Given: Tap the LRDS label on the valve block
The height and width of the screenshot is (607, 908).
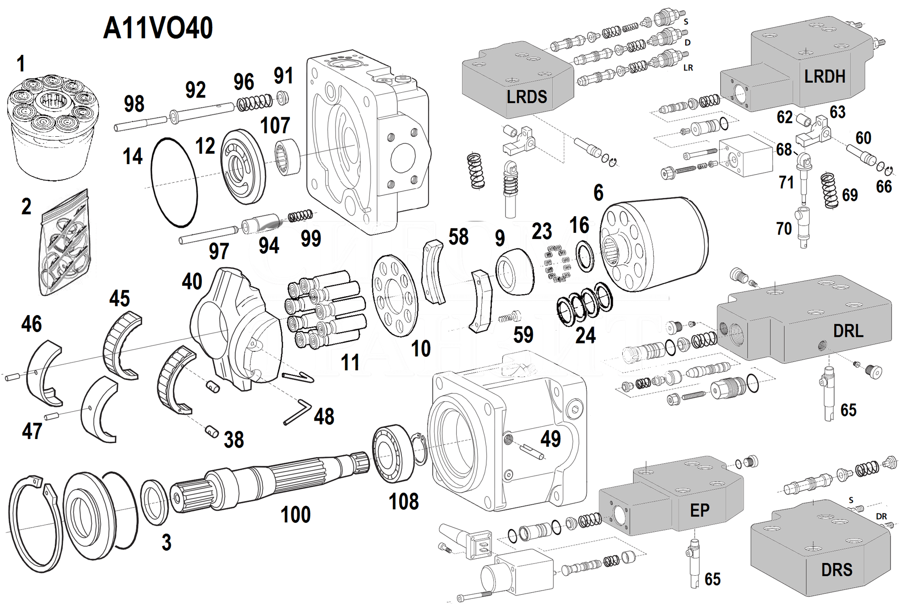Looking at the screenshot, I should point(526,97).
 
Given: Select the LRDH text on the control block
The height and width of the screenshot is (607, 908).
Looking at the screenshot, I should point(824,76).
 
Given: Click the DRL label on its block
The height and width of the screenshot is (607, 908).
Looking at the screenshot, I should point(848,331).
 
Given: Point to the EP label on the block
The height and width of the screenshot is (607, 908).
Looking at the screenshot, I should point(699,510).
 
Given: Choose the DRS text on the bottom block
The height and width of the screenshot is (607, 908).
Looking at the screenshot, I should point(837,570).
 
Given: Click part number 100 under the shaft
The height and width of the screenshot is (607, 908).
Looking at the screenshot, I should point(296,514).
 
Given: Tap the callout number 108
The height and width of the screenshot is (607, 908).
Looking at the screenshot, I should point(403,501).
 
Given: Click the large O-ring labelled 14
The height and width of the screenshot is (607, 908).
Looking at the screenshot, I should point(174,182).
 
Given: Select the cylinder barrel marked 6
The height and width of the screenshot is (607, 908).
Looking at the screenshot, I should point(655,244).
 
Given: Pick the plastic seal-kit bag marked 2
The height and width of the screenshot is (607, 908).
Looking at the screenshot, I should point(65,244).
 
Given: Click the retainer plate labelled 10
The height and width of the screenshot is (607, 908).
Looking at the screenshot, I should point(395,296).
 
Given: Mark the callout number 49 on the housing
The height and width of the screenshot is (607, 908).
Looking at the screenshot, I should point(550,439).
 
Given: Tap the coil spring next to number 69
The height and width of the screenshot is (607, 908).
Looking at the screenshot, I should point(829,190).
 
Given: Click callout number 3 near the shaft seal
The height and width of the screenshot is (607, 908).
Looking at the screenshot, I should point(166,542).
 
